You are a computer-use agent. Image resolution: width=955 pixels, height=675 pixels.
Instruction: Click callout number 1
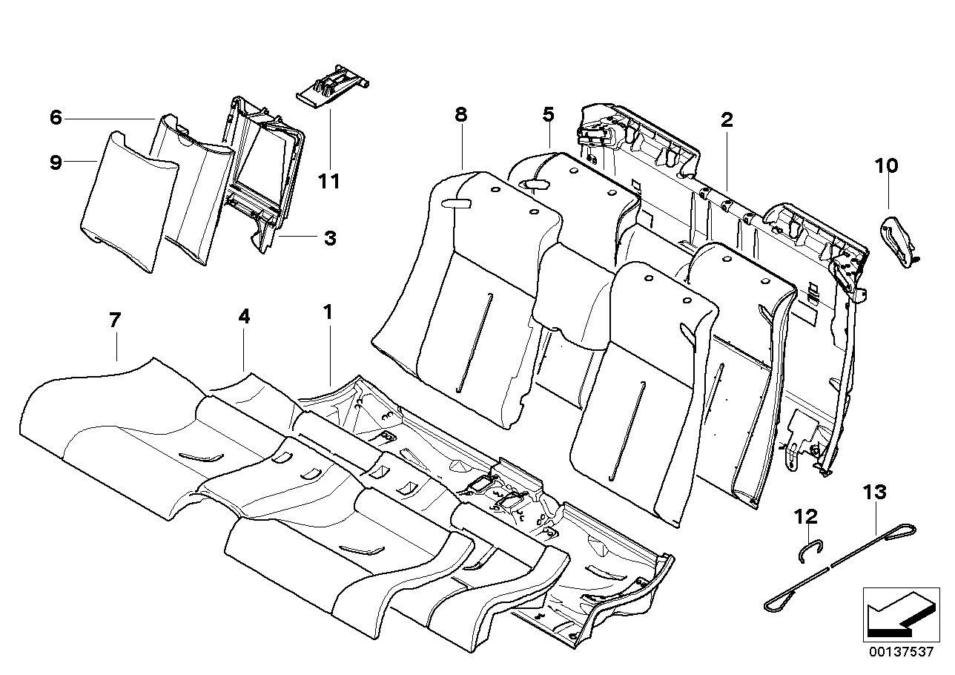click(x=328, y=314)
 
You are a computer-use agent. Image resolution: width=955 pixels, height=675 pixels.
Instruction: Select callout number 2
click(x=727, y=120)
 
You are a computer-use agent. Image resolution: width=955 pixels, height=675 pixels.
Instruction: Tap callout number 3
click(x=330, y=238)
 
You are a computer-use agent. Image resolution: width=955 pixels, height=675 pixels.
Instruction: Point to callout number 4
click(x=244, y=317)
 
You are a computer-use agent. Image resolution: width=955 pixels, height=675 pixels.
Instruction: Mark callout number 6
click(x=56, y=117)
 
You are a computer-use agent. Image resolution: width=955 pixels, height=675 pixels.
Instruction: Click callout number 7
click(x=114, y=320)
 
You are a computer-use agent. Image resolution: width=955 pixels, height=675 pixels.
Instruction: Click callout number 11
click(x=329, y=180)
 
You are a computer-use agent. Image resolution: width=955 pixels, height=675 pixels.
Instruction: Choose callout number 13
click(x=875, y=492)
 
